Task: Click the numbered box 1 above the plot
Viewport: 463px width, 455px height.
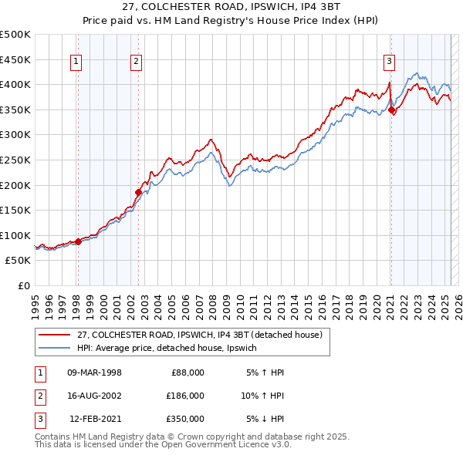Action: [x=77, y=63]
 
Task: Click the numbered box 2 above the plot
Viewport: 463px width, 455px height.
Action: [x=136, y=63]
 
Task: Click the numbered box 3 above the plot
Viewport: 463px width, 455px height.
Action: [x=390, y=63]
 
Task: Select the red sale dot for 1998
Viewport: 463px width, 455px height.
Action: [x=78, y=241]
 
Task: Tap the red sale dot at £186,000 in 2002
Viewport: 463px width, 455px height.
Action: [x=139, y=192]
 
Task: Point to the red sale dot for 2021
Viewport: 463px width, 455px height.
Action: [x=392, y=110]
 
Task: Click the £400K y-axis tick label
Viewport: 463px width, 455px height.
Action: [x=15, y=84]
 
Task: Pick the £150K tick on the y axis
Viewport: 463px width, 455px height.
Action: [x=15, y=210]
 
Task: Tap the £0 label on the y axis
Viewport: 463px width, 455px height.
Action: [x=23, y=285]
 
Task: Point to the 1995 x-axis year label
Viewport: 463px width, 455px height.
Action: [x=35, y=302]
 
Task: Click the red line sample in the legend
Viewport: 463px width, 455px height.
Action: [x=53, y=334]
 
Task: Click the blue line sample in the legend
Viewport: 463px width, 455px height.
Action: [x=53, y=348]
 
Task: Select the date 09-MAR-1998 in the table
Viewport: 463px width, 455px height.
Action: [x=95, y=372]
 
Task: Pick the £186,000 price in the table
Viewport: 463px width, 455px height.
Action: [x=185, y=396]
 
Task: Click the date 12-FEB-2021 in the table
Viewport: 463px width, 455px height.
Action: [x=95, y=419]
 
